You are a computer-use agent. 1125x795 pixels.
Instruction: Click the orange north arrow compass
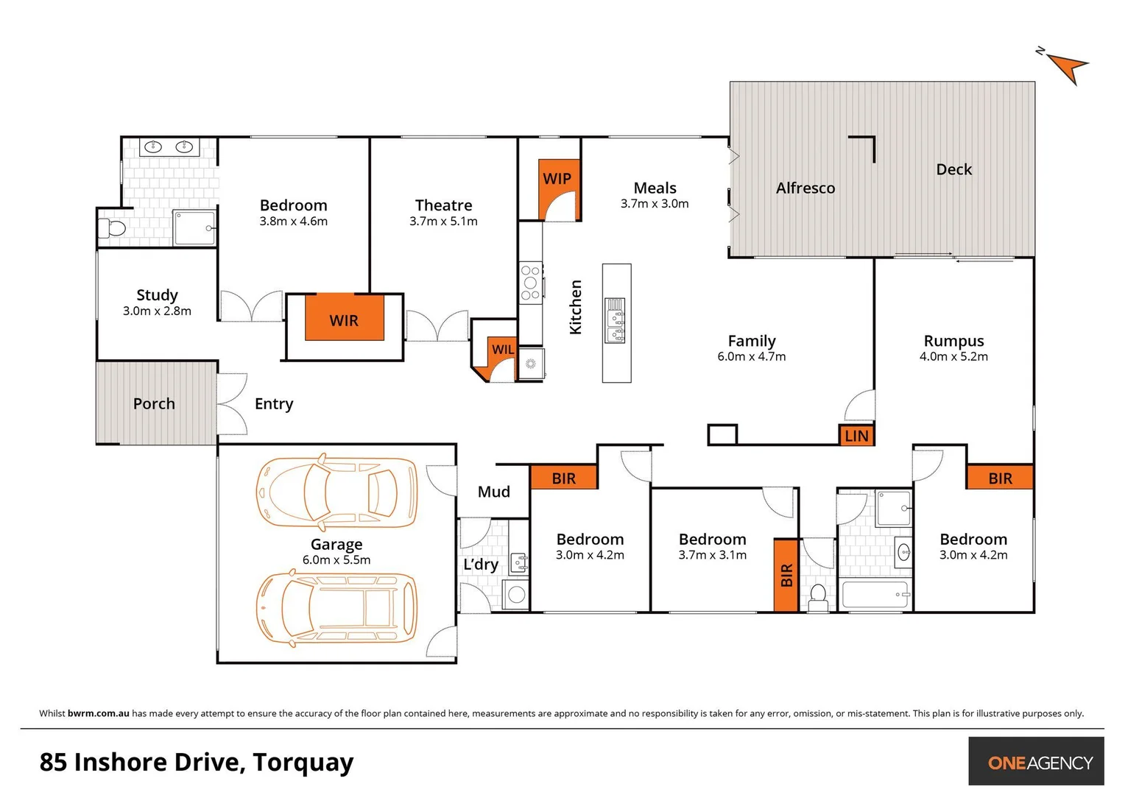click(1067, 67)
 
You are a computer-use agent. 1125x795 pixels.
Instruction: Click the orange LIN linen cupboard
click(856, 436)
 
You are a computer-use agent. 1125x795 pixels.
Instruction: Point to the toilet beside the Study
click(113, 228)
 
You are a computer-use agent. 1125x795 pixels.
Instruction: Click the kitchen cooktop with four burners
click(530, 283)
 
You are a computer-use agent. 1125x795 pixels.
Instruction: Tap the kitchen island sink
click(616, 321)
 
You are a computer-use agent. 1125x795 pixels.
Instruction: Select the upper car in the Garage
click(336, 492)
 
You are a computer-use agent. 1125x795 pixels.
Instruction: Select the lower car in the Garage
click(336, 609)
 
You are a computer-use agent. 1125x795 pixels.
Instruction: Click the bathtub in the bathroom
click(875, 595)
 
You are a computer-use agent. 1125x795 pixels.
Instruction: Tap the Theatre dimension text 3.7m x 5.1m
click(443, 222)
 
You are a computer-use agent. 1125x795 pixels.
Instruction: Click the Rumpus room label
click(953, 341)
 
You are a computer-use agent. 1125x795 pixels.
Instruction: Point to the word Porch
click(154, 403)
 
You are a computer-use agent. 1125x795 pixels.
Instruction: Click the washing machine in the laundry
click(517, 595)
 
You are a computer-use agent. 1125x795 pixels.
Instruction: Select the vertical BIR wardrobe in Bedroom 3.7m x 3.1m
click(786, 575)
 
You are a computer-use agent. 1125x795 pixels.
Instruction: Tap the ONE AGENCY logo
click(1040, 763)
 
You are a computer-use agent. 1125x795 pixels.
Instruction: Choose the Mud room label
click(493, 492)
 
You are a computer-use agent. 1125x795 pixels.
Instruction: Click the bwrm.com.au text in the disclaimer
click(99, 713)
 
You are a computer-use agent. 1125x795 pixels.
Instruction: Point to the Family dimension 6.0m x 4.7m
click(751, 357)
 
